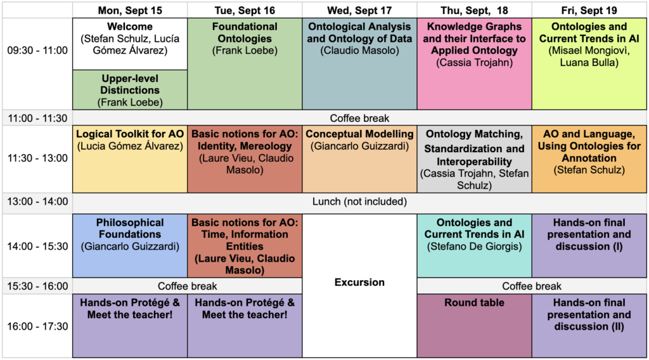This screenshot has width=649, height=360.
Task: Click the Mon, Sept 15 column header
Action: (x=130, y=10)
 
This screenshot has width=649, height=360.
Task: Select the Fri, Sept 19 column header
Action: (x=589, y=10)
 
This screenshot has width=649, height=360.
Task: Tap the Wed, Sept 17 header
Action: (x=359, y=10)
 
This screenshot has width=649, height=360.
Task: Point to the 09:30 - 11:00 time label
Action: (x=37, y=51)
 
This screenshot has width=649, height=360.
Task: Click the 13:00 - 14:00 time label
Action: (x=37, y=202)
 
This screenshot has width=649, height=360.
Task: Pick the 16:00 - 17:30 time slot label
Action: (x=37, y=326)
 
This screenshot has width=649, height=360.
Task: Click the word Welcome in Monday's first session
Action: (x=130, y=27)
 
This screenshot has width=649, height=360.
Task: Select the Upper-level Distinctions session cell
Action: (x=130, y=90)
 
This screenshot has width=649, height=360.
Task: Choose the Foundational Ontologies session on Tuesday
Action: (x=245, y=64)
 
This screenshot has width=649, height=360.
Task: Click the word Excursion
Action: (x=359, y=282)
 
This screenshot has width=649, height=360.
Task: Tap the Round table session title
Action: (x=474, y=302)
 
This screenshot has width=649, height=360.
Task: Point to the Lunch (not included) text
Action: (x=359, y=202)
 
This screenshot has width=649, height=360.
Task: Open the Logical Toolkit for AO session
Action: (x=130, y=159)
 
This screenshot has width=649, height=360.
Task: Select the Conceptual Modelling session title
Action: (x=359, y=134)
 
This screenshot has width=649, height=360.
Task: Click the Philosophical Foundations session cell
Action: (x=130, y=246)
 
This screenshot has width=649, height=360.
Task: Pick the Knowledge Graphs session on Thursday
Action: (x=474, y=64)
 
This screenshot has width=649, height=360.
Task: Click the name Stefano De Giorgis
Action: (x=474, y=247)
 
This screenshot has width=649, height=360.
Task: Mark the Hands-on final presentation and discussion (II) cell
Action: (x=589, y=326)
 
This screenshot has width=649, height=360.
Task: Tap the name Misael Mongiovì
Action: (x=589, y=51)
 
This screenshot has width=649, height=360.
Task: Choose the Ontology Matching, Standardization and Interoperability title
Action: (x=474, y=148)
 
